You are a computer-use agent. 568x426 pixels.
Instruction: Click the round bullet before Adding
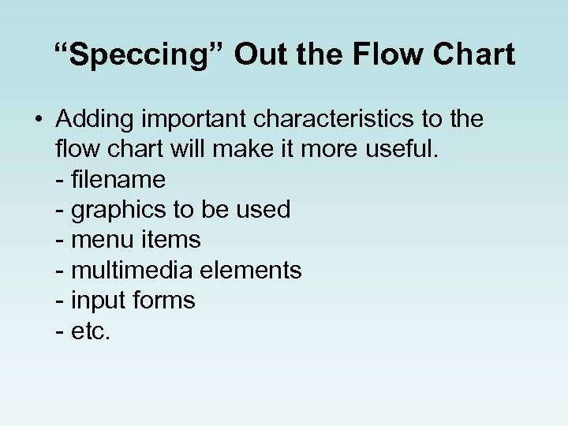pyautogui.click(x=39, y=120)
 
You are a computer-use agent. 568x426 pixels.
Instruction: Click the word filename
pyautogui.click(x=118, y=179)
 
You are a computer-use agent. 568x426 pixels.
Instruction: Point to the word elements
pyautogui.click(x=251, y=270)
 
